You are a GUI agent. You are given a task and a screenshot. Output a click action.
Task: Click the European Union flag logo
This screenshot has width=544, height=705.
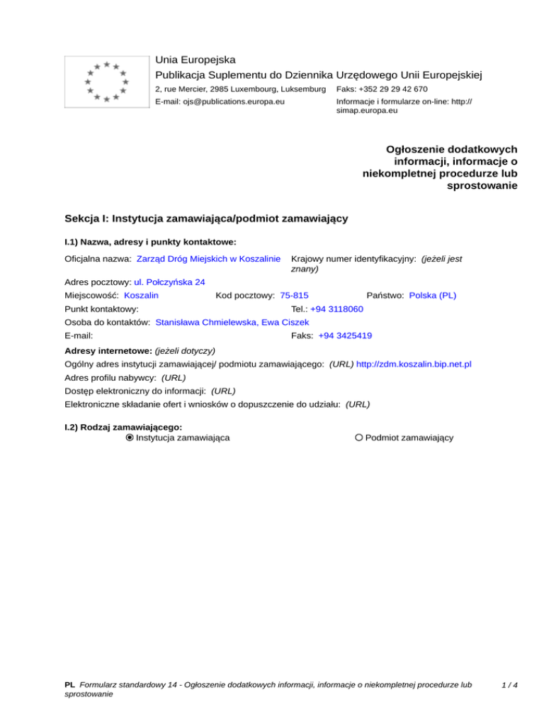106,82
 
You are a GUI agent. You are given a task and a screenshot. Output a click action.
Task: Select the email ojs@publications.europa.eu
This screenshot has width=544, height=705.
220,102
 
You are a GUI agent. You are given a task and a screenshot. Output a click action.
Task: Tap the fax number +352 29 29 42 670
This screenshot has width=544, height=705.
382,89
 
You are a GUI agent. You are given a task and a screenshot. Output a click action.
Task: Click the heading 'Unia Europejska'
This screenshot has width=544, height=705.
195,60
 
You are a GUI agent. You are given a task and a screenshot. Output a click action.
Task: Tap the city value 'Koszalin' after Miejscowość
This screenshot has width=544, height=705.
141,295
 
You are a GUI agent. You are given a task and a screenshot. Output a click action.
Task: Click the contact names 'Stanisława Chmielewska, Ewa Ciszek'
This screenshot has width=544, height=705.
232,322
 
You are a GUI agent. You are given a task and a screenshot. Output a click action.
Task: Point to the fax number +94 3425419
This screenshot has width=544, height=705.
346,335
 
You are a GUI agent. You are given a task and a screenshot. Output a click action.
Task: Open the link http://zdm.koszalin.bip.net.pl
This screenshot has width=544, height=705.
414,364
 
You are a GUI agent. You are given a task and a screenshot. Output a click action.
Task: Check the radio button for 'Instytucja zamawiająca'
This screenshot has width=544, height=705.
129,438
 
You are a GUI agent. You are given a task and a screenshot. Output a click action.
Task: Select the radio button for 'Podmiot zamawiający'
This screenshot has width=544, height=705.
359,438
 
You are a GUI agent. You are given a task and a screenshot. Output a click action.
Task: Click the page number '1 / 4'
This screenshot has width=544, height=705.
508,686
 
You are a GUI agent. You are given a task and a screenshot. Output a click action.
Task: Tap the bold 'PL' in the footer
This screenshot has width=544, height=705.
69,686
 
